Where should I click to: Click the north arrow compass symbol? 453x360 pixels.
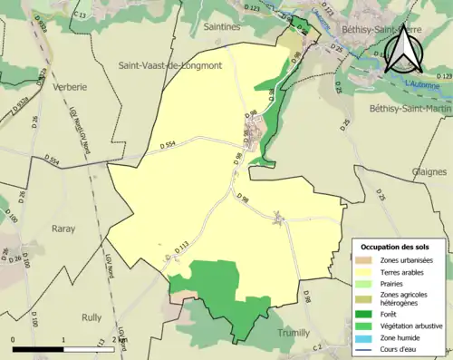coord(403,50)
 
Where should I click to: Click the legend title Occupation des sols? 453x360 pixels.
coord(397,247)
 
